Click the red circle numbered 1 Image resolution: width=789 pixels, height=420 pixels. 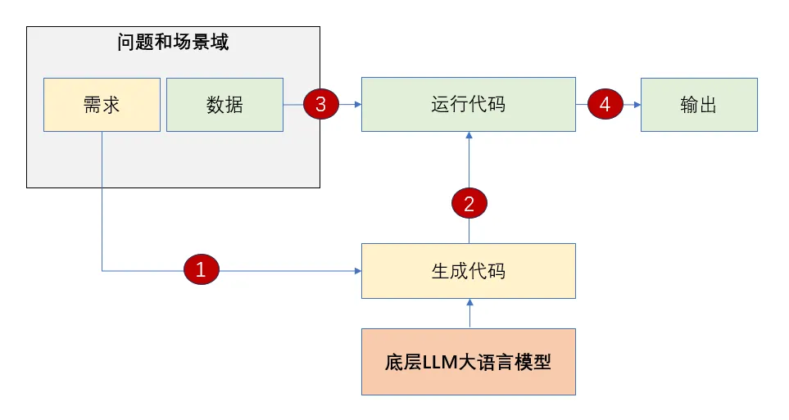coord(202,269)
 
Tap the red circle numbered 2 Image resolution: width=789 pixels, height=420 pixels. coord(469,203)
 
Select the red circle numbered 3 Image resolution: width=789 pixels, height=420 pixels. coord(321,104)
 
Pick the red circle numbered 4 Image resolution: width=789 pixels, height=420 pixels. coord(605,104)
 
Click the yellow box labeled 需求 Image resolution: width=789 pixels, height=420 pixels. coord(102,105)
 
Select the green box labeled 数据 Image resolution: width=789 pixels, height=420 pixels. coord(225,105)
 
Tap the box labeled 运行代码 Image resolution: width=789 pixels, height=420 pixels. coord(469,104)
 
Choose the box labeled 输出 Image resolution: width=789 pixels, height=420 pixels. coord(699,105)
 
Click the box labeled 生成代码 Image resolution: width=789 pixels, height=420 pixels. coord(469,271)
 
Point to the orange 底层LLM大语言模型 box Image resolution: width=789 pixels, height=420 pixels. coord(469,362)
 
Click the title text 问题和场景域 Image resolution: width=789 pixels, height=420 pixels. coord(173,42)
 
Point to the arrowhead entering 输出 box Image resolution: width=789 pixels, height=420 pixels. coord(637,105)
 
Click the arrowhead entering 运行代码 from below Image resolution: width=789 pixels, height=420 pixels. coord(469,135)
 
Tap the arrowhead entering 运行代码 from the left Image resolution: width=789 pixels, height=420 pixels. coord(358,105)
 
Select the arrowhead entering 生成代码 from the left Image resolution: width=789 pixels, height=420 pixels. coord(358,271)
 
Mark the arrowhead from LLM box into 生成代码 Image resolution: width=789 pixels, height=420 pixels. coord(470,302)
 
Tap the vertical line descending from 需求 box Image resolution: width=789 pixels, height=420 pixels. coord(102,201)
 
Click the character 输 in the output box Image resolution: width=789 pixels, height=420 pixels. coord(689,105)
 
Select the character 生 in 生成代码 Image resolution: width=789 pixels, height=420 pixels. coord(440,271)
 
